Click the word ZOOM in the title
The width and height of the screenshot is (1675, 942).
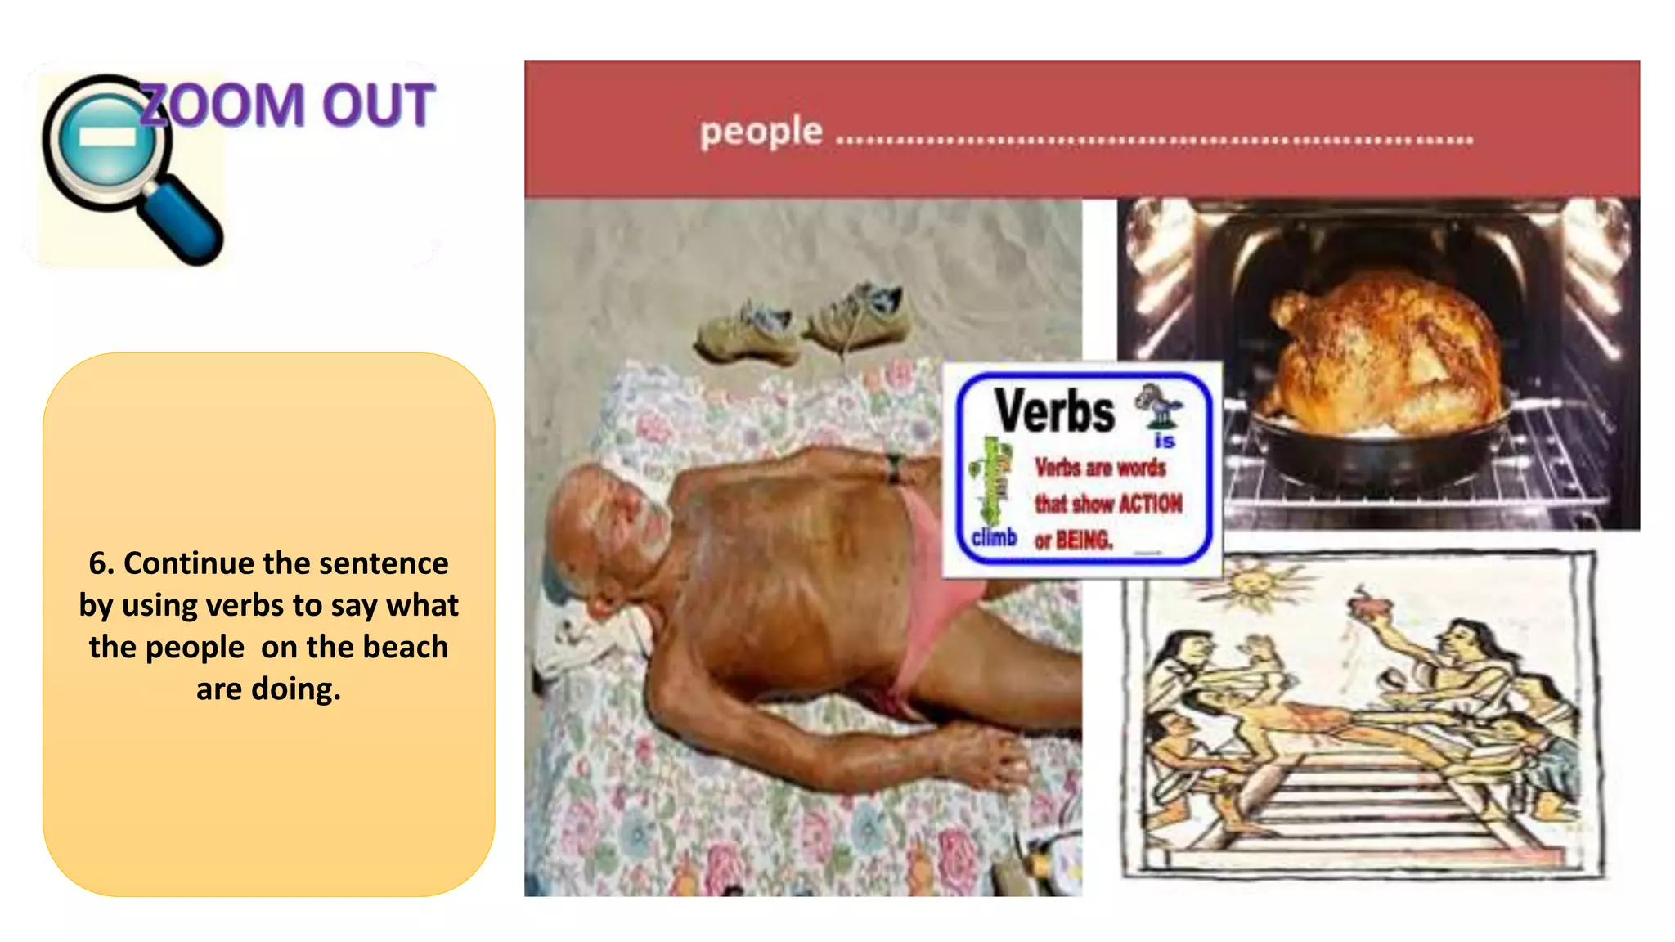222,105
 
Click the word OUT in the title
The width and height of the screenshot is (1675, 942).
378,105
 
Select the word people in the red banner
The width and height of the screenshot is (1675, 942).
761,132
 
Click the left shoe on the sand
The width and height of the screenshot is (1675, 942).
745,334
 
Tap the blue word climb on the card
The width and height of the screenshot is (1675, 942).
994,537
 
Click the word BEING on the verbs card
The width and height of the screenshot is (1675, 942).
1084,540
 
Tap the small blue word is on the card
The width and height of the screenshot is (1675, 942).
1165,442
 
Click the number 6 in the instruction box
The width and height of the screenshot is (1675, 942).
98,563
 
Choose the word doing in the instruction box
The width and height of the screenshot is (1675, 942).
295,689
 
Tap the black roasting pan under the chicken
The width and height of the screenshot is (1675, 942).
1382,458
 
